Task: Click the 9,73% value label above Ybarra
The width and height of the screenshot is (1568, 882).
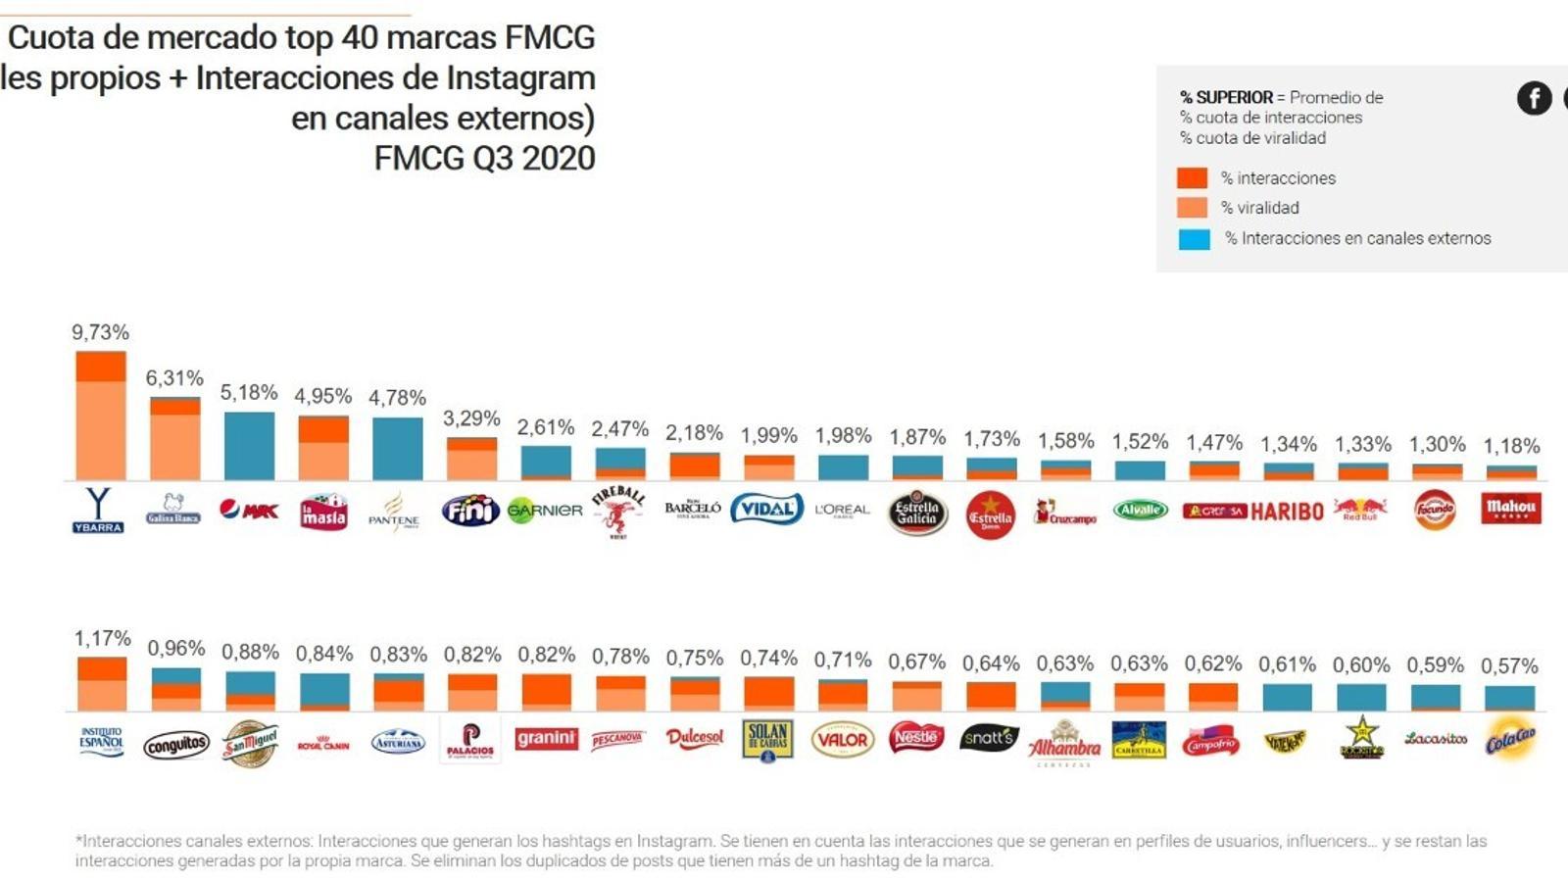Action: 100,332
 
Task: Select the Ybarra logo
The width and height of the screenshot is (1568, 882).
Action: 98,511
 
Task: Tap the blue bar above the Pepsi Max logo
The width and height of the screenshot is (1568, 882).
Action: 249,446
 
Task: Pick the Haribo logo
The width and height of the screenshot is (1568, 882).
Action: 1287,511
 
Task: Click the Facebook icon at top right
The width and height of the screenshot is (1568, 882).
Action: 1534,98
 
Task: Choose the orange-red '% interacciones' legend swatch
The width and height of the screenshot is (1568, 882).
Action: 1192,177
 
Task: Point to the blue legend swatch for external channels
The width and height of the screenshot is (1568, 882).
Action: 1194,238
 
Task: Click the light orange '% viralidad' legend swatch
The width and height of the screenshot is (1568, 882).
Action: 1192,208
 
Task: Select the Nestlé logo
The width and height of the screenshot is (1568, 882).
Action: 915,737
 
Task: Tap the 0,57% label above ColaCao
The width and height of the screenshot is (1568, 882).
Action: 1509,666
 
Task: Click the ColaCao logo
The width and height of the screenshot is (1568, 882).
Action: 1509,741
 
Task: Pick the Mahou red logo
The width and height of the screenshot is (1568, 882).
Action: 1510,508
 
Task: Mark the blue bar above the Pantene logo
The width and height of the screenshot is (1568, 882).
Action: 398,449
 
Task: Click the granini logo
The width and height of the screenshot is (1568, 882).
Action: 546,738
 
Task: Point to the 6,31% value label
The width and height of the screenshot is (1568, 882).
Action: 174,378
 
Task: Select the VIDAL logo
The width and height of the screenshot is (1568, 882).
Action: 766,509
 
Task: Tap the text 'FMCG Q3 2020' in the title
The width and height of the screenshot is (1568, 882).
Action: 484,158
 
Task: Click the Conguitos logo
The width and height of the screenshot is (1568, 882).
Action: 176,745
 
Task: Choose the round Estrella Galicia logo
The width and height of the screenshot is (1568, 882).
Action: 917,513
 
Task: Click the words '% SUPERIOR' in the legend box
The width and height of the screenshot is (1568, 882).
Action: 1226,97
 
